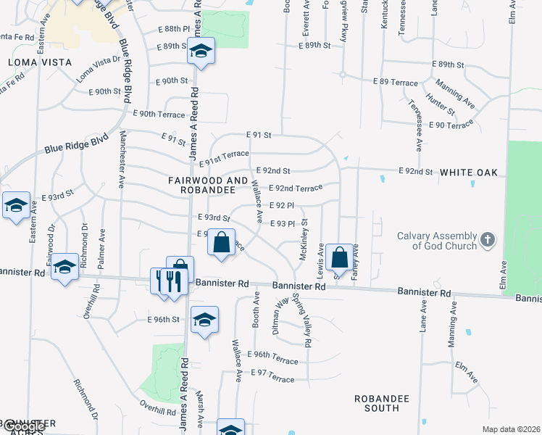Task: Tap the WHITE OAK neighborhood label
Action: point(468,173)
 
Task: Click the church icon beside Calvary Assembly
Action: point(488,239)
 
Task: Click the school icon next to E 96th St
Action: point(204,319)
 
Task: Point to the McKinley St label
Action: point(304,241)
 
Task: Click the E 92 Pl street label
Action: point(281,206)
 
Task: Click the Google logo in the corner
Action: point(23,426)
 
